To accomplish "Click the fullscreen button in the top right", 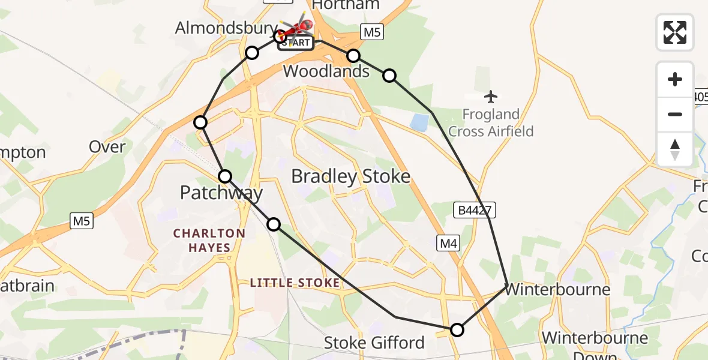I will pos(675,32).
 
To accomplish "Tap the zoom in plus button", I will pos(675,79).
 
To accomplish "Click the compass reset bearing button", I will pos(675,149).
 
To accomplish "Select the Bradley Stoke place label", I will pos(350,176).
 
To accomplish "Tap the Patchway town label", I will pos(221,193).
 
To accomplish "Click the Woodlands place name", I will pos(326,71).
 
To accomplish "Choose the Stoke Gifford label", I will pos(374,343).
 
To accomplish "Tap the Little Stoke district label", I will pos(295,283).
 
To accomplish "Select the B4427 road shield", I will pos(474,209).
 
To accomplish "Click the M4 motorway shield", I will pos(447,243).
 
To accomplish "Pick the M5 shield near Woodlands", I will pos(371,32).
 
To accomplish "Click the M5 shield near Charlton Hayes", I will pos(82,221).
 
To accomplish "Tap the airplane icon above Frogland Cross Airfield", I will pos(491,96).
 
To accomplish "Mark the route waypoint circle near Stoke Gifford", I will pos(457,329).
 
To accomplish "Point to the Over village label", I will pos(107,147).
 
